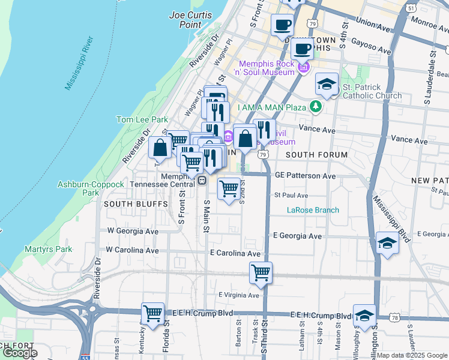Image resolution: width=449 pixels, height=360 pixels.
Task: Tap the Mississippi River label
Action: click(79, 64)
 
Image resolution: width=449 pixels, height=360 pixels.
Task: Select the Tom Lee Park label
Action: click(142, 120)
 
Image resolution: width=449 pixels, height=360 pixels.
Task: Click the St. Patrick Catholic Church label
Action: click(372, 91)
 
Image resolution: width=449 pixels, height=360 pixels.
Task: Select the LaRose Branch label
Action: click(313, 210)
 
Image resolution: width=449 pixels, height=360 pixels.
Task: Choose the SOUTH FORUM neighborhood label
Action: click(316, 155)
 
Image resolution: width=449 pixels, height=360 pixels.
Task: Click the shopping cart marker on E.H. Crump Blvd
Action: click(153, 313)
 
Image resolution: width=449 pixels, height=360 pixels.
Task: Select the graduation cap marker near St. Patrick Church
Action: click(327, 84)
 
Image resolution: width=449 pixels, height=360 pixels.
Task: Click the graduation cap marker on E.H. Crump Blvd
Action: click(364, 315)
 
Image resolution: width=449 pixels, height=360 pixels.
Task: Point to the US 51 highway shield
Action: click(411, 8)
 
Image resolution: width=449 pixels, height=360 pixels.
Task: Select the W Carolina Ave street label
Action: click(132, 249)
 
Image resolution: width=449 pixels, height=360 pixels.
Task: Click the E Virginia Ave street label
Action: click(238, 295)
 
